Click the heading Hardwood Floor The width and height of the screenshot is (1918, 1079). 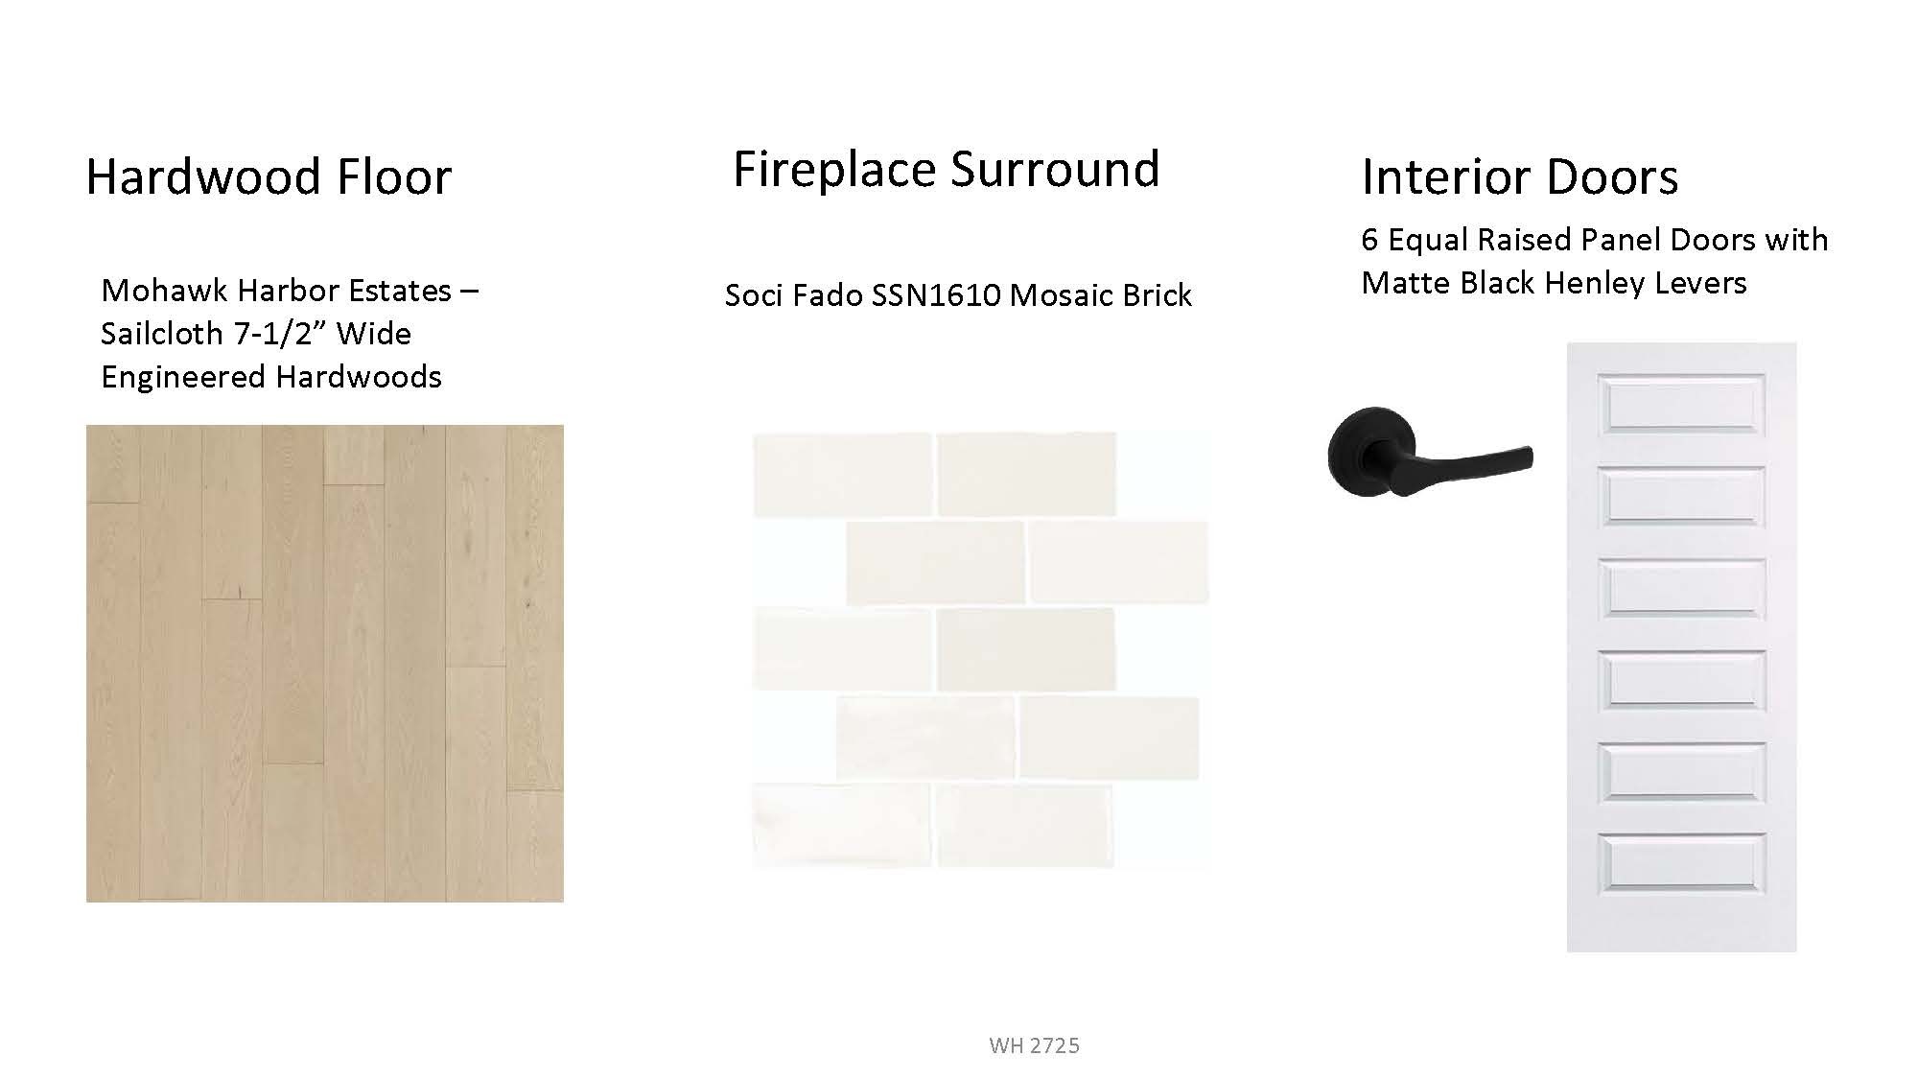269,176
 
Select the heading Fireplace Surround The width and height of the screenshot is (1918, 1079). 947,169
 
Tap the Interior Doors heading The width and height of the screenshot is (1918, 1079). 1520,176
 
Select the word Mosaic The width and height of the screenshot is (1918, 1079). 1053,295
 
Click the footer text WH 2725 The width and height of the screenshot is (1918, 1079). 1034,1045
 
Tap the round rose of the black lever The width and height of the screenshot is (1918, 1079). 1372,451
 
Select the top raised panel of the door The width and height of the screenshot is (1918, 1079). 1681,404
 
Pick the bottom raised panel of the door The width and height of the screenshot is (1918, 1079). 1681,863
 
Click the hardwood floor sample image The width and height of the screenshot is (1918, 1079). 325,664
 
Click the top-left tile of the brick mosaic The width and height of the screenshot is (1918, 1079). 843,475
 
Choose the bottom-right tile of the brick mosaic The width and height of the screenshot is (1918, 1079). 1024,826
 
